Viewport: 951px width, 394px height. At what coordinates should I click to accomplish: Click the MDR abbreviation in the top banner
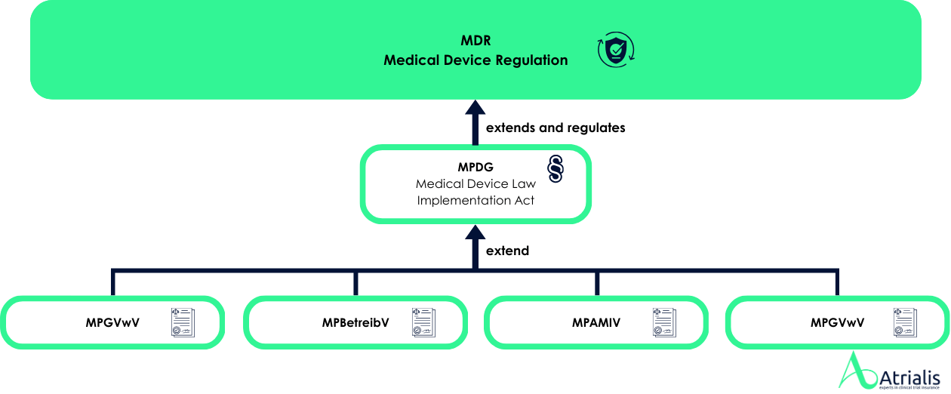click(x=475, y=40)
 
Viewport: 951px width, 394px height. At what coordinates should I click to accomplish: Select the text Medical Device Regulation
click(x=475, y=60)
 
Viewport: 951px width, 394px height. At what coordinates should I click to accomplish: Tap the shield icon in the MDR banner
click(x=616, y=51)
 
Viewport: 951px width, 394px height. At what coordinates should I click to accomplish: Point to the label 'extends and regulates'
click(x=556, y=128)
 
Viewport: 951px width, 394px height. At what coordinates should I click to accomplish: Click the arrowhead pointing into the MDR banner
click(x=475, y=108)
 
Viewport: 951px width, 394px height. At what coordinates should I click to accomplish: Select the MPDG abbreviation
click(x=475, y=168)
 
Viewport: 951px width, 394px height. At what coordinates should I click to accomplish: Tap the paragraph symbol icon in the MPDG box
click(x=556, y=170)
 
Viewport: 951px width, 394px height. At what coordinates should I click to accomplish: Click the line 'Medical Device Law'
click(x=475, y=184)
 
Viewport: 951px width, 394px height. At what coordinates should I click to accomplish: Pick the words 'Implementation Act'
click(x=475, y=200)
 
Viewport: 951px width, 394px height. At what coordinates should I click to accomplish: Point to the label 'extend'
click(x=507, y=250)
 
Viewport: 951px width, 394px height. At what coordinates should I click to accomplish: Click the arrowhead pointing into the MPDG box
click(x=475, y=230)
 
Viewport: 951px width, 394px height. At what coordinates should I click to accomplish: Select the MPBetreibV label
click(x=355, y=323)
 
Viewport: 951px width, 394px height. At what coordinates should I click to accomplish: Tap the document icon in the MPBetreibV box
click(x=423, y=322)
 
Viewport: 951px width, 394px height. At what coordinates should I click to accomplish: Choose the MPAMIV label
click(x=596, y=323)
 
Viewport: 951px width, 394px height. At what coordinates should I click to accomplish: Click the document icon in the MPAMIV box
click(x=664, y=322)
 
